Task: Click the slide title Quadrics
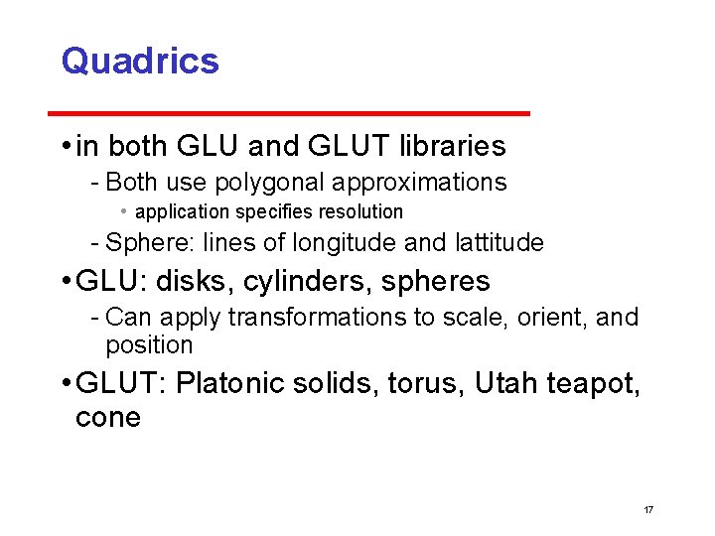coord(140,62)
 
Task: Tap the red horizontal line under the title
coord(296,114)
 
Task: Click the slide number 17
coord(648,509)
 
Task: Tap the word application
coord(184,211)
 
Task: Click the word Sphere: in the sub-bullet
coord(147,242)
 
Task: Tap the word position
coord(149,345)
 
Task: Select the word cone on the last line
coord(108,418)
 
